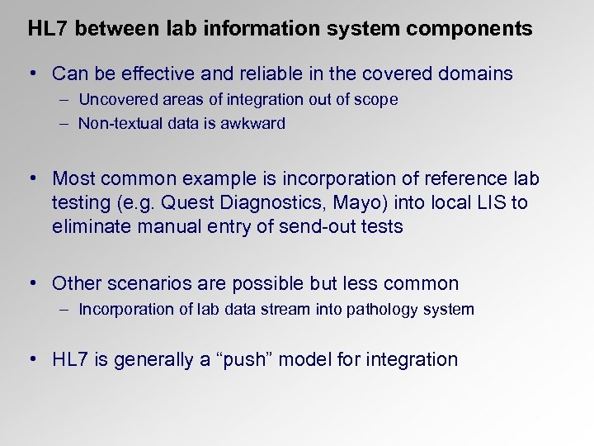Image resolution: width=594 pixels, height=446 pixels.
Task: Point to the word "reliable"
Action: click(x=263, y=74)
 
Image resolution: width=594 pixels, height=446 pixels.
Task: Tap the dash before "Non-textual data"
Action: click(x=64, y=124)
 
